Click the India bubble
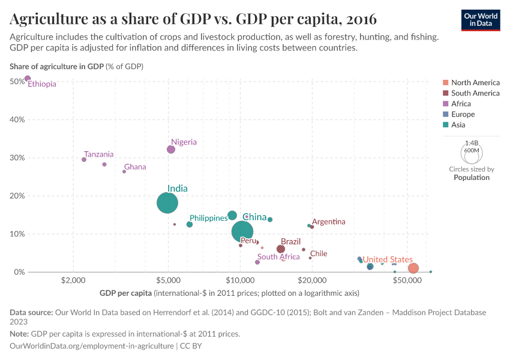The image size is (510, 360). (167, 203)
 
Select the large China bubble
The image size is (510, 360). (242, 232)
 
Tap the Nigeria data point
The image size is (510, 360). (171, 149)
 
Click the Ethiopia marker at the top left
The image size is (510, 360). (28, 79)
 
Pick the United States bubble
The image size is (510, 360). (413, 268)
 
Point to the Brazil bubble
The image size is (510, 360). (281, 249)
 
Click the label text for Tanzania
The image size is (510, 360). (98, 154)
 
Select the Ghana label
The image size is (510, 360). (135, 167)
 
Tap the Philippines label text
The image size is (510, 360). (208, 218)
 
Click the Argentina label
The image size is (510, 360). (329, 221)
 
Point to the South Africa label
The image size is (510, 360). (278, 257)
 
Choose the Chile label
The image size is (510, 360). (319, 253)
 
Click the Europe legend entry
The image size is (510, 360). (463, 114)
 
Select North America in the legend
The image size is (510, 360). (475, 82)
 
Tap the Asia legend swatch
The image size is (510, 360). (445, 125)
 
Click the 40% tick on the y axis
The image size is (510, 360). (17, 119)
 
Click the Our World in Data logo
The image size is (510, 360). (480, 19)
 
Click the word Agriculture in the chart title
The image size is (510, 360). (47, 19)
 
